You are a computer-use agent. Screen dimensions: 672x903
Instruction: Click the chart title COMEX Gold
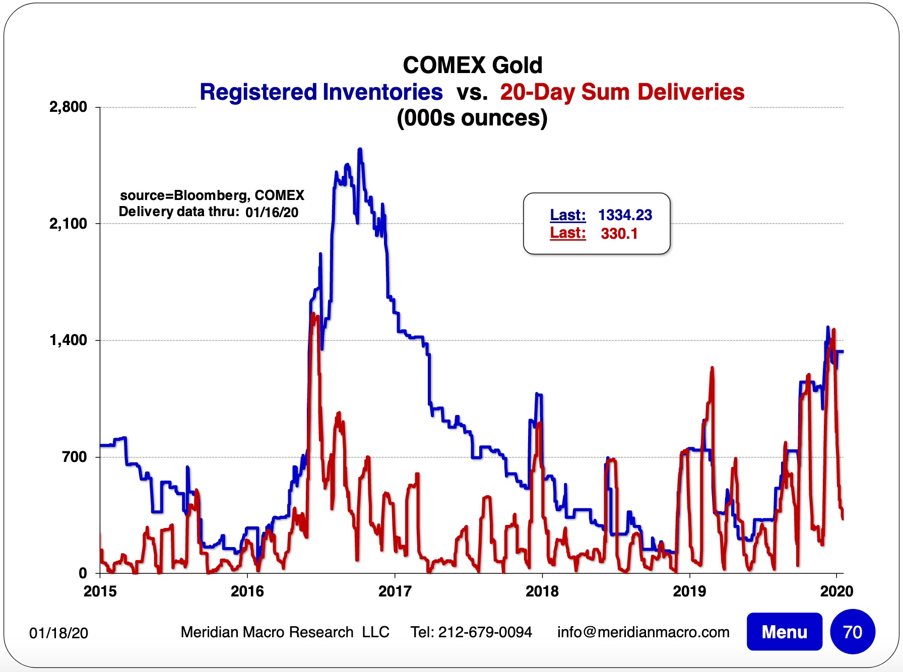[472, 65]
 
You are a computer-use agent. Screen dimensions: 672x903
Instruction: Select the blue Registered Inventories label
[321, 92]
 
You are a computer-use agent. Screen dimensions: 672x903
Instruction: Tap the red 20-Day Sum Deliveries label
[622, 92]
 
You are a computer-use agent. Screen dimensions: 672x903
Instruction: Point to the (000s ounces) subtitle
[472, 118]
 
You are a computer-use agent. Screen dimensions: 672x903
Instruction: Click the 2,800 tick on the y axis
[68, 107]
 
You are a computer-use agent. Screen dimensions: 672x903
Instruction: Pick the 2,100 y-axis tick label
[68, 224]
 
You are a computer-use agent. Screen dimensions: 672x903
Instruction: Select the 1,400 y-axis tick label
[68, 341]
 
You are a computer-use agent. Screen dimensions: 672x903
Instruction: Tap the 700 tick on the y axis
[74, 457]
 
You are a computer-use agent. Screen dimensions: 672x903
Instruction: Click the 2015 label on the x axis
[100, 591]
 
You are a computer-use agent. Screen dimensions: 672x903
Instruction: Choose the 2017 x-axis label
[395, 591]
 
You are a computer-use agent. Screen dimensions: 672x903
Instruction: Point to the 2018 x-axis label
[542, 591]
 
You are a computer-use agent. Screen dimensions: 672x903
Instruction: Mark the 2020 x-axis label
[836, 591]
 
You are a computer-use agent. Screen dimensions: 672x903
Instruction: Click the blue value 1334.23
[625, 215]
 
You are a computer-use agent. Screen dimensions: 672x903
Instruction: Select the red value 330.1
[619, 234]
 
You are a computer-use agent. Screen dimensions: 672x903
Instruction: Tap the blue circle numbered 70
[852, 632]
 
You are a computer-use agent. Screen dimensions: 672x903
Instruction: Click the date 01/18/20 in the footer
[58, 633]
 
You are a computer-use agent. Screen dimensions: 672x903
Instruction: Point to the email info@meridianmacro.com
[643, 632]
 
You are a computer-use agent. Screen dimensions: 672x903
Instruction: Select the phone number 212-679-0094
[485, 632]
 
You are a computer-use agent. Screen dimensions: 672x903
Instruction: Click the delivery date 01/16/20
[272, 212]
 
